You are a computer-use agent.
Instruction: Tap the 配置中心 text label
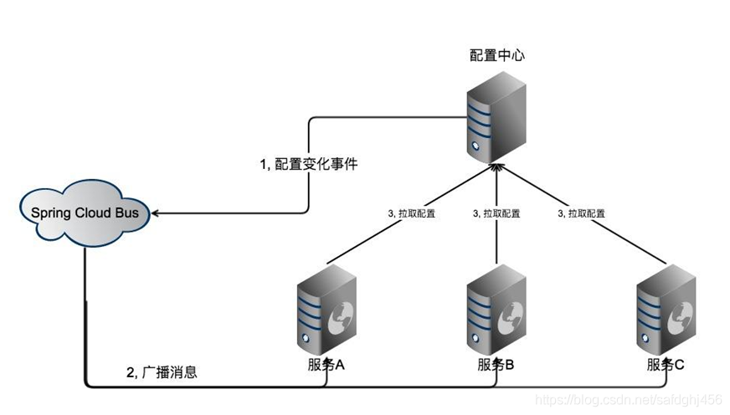497,55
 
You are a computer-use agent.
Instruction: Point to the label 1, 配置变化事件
309,165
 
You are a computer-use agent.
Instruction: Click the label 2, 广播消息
162,372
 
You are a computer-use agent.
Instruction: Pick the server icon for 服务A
325,310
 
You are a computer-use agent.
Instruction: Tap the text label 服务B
496,365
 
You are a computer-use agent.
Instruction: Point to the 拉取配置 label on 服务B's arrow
496,213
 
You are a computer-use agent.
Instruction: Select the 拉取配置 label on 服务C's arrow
582,213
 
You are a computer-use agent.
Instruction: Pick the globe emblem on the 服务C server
681,315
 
